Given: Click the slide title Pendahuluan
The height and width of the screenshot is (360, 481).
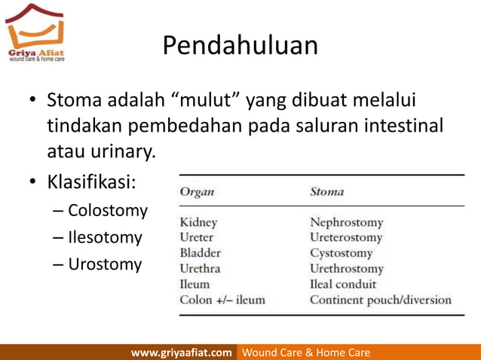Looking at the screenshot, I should [240, 47].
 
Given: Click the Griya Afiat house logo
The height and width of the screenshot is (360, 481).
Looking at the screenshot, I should [35, 31].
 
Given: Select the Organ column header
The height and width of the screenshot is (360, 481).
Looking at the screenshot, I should [197, 191].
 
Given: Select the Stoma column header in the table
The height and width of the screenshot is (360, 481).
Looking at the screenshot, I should [326, 191].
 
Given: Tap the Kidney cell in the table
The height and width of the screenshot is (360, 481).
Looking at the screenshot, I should [198, 222].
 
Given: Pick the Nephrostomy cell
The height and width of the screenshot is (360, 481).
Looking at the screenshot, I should [346, 222].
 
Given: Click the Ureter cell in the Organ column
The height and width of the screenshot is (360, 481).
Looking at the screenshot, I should [197, 237].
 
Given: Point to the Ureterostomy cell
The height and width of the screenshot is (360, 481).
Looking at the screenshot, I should [346, 237].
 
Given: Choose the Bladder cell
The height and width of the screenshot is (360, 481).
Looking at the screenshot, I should [200, 253].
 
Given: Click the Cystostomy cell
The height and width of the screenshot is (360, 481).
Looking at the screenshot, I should [341, 253].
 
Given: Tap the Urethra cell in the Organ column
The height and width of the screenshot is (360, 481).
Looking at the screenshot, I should [201, 268].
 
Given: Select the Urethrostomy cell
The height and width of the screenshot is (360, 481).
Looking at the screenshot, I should [347, 268].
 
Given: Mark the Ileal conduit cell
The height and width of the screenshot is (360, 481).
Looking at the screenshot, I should [343, 284].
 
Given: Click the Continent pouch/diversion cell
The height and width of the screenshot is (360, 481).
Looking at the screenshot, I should [381, 300].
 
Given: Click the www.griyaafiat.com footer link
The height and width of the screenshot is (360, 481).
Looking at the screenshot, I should [182, 352].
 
